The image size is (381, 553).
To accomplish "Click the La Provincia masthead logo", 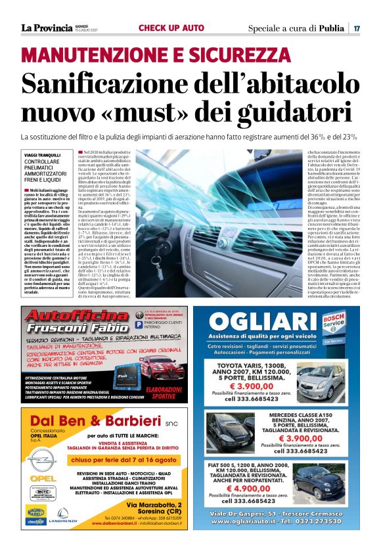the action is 46,28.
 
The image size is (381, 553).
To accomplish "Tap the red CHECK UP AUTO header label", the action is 171,28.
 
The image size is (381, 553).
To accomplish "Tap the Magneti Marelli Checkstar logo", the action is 36,516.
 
